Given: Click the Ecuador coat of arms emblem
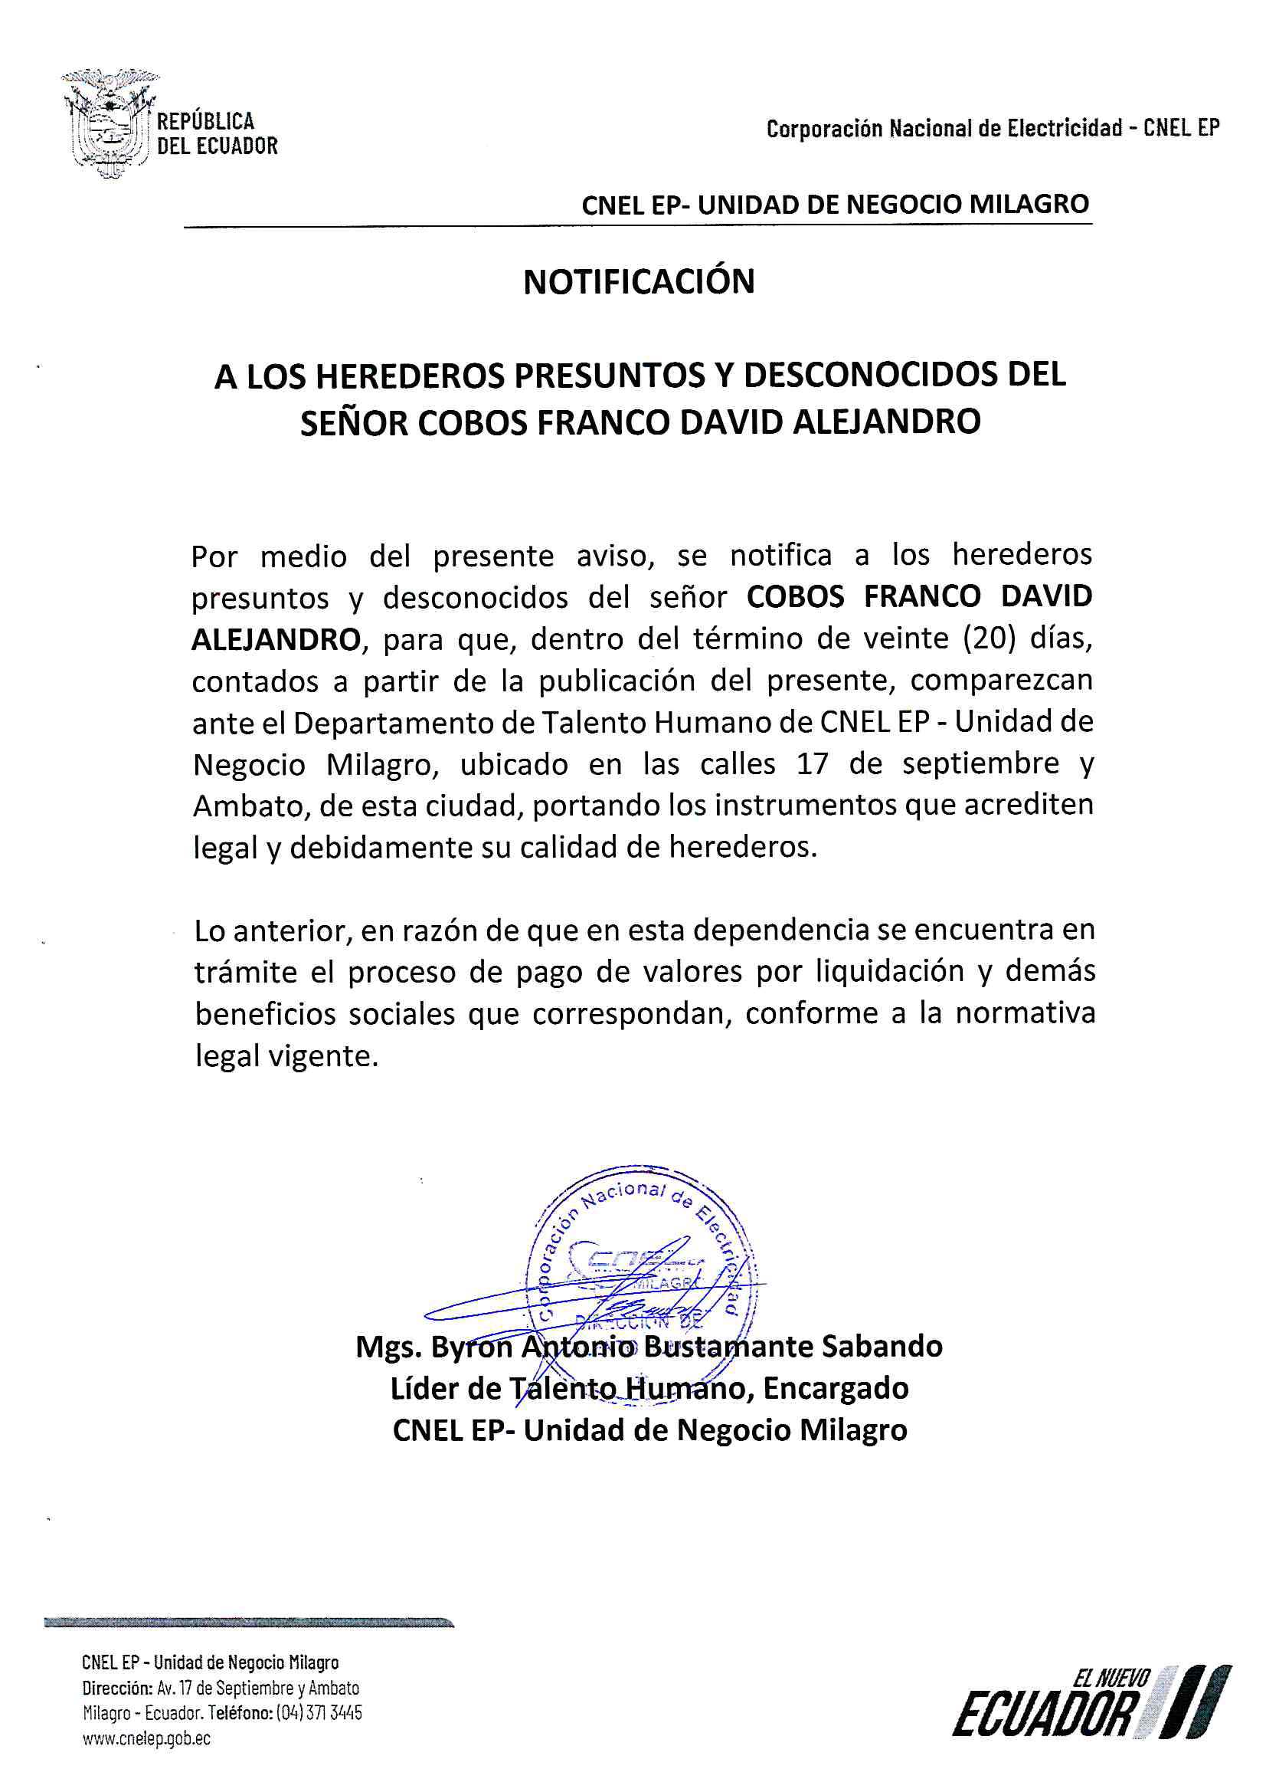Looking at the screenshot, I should coord(110,123).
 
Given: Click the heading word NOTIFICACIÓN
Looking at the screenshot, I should coord(639,283).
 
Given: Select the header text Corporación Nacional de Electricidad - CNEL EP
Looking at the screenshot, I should coord(993,129).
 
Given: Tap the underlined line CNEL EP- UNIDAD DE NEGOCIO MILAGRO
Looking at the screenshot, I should coord(835,205).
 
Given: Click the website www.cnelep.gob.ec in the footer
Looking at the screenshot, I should coord(146,1738).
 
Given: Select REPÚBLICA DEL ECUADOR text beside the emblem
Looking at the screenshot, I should coord(217,133).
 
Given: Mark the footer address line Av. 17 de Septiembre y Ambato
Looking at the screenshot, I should coord(257,1689).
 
